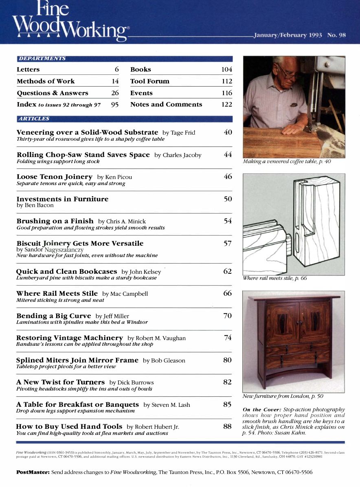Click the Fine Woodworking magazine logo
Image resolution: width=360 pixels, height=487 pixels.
point(69,20)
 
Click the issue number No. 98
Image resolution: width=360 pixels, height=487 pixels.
point(336,35)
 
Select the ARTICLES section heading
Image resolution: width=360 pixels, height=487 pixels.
point(34,119)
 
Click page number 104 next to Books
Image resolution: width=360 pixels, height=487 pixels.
point(226,70)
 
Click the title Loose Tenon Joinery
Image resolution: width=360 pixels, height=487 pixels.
point(55,177)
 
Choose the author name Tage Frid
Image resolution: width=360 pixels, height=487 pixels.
point(183,133)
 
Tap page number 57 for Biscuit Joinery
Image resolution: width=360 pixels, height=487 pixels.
point(227,244)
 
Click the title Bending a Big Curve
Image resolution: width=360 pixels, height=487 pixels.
point(54,316)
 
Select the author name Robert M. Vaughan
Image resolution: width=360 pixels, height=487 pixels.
point(157,338)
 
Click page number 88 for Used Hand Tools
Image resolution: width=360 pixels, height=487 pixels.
point(227,426)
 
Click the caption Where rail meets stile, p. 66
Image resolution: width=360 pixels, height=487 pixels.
point(274,278)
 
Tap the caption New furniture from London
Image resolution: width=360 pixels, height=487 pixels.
point(283,396)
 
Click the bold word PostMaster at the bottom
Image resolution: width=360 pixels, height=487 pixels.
point(33,472)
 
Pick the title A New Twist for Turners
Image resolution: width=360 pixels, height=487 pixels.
point(60,382)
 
